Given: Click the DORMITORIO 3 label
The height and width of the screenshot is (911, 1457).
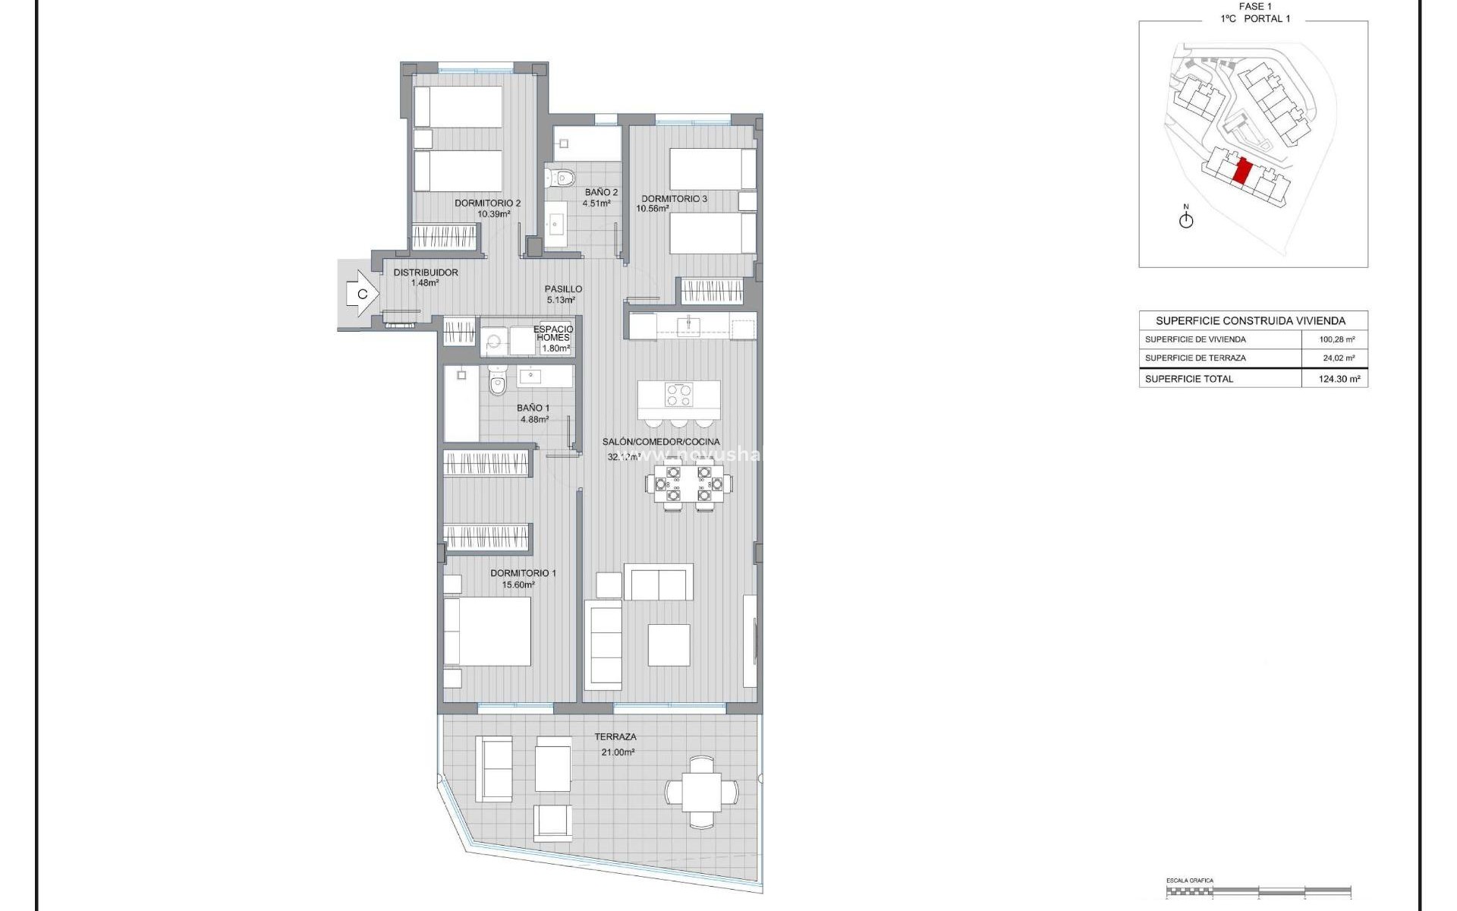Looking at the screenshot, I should click(674, 199).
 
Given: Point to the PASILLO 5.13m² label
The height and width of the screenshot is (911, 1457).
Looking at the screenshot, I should click(563, 294).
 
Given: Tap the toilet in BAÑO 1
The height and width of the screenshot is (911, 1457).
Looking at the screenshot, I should click(497, 382).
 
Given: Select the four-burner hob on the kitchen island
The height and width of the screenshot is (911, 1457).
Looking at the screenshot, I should click(678, 395).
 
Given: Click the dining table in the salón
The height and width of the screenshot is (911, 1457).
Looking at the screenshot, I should click(689, 484).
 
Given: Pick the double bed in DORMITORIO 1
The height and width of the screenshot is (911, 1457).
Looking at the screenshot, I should click(487, 632).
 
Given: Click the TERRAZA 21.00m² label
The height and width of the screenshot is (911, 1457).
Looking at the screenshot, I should click(615, 743).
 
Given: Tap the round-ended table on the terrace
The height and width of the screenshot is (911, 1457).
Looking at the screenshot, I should click(701, 792).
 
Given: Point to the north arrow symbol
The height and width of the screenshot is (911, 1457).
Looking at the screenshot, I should click(1186, 219).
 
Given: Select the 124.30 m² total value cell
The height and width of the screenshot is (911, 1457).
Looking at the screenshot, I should click(1339, 379).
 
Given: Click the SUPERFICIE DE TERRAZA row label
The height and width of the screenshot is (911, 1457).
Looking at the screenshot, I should click(1195, 358).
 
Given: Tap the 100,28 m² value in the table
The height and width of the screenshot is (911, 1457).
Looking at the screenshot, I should click(1337, 339).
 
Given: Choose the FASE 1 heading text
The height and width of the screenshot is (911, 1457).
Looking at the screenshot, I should click(1255, 6).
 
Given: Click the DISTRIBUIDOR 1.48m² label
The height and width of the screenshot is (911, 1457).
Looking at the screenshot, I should click(426, 277).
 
